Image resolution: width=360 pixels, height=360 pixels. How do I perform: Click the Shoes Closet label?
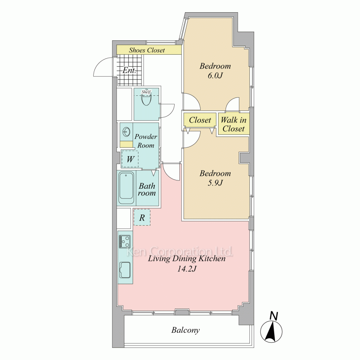tap(147, 50)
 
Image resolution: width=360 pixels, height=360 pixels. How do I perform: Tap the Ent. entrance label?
tap(129, 70)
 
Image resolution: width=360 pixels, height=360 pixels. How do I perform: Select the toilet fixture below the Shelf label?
tap(146, 100)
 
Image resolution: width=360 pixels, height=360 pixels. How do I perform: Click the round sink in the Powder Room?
tap(126, 132)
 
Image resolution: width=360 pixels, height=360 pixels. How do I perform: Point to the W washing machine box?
tap(130, 159)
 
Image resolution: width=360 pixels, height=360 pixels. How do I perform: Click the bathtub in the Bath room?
tap(126, 188)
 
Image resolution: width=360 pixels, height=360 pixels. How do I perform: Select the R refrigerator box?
tap(142, 217)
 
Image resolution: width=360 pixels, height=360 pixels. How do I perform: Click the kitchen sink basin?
tap(125, 270)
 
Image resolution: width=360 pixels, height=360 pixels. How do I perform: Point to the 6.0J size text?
tap(215, 76)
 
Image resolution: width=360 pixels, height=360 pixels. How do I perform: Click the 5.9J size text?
tap(215, 183)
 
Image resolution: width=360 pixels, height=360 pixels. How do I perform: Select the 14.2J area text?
tap(186, 269)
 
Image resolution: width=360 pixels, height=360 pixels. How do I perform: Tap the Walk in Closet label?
tap(234, 124)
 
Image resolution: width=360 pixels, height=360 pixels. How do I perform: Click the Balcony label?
tap(185, 330)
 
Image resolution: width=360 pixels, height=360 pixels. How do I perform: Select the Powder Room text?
tap(145, 141)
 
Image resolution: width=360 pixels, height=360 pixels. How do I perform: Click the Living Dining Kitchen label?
tap(186, 259)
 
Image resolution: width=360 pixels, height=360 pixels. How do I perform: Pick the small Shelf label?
tap(146, 92)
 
